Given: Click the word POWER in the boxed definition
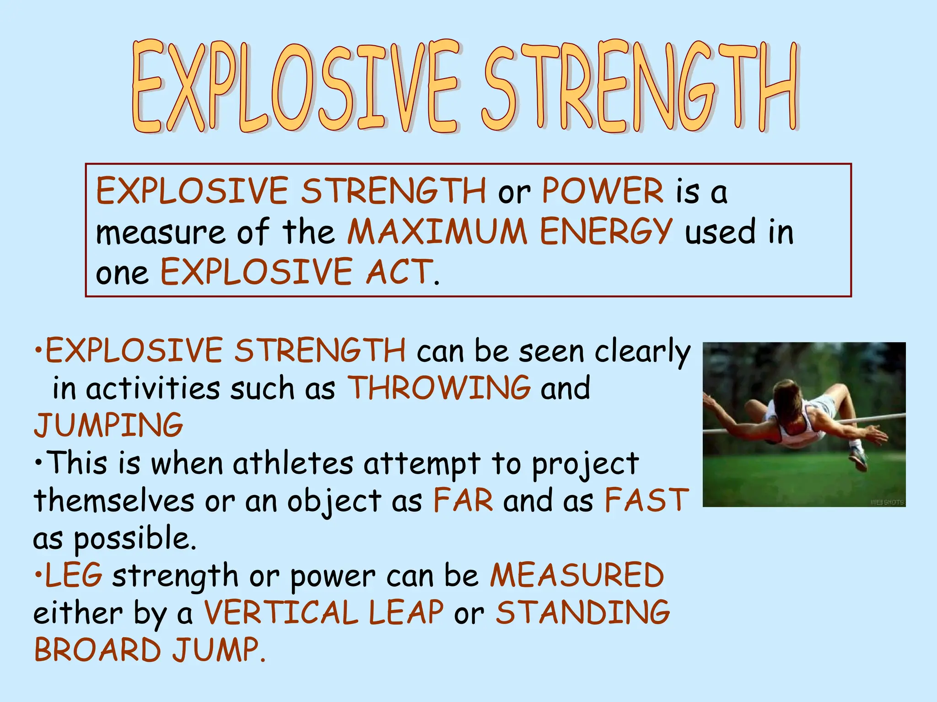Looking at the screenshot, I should point(603,191).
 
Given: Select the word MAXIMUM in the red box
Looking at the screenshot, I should point(437,231).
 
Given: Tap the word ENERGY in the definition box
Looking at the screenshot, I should point(606,231).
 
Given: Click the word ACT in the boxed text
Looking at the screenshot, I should point(399,271).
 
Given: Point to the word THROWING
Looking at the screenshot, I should point(439,388).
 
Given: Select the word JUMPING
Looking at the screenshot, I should point(108,425).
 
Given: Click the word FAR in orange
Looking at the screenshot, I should point(463,500).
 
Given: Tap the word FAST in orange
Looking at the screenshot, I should point(646,500).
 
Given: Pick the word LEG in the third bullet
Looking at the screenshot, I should point(74,575).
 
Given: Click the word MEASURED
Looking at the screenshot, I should point(577,575).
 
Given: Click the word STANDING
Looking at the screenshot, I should point(583,612).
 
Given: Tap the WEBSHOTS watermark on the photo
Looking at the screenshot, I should point(887,502).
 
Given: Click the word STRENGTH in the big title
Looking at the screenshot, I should point(641,87).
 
